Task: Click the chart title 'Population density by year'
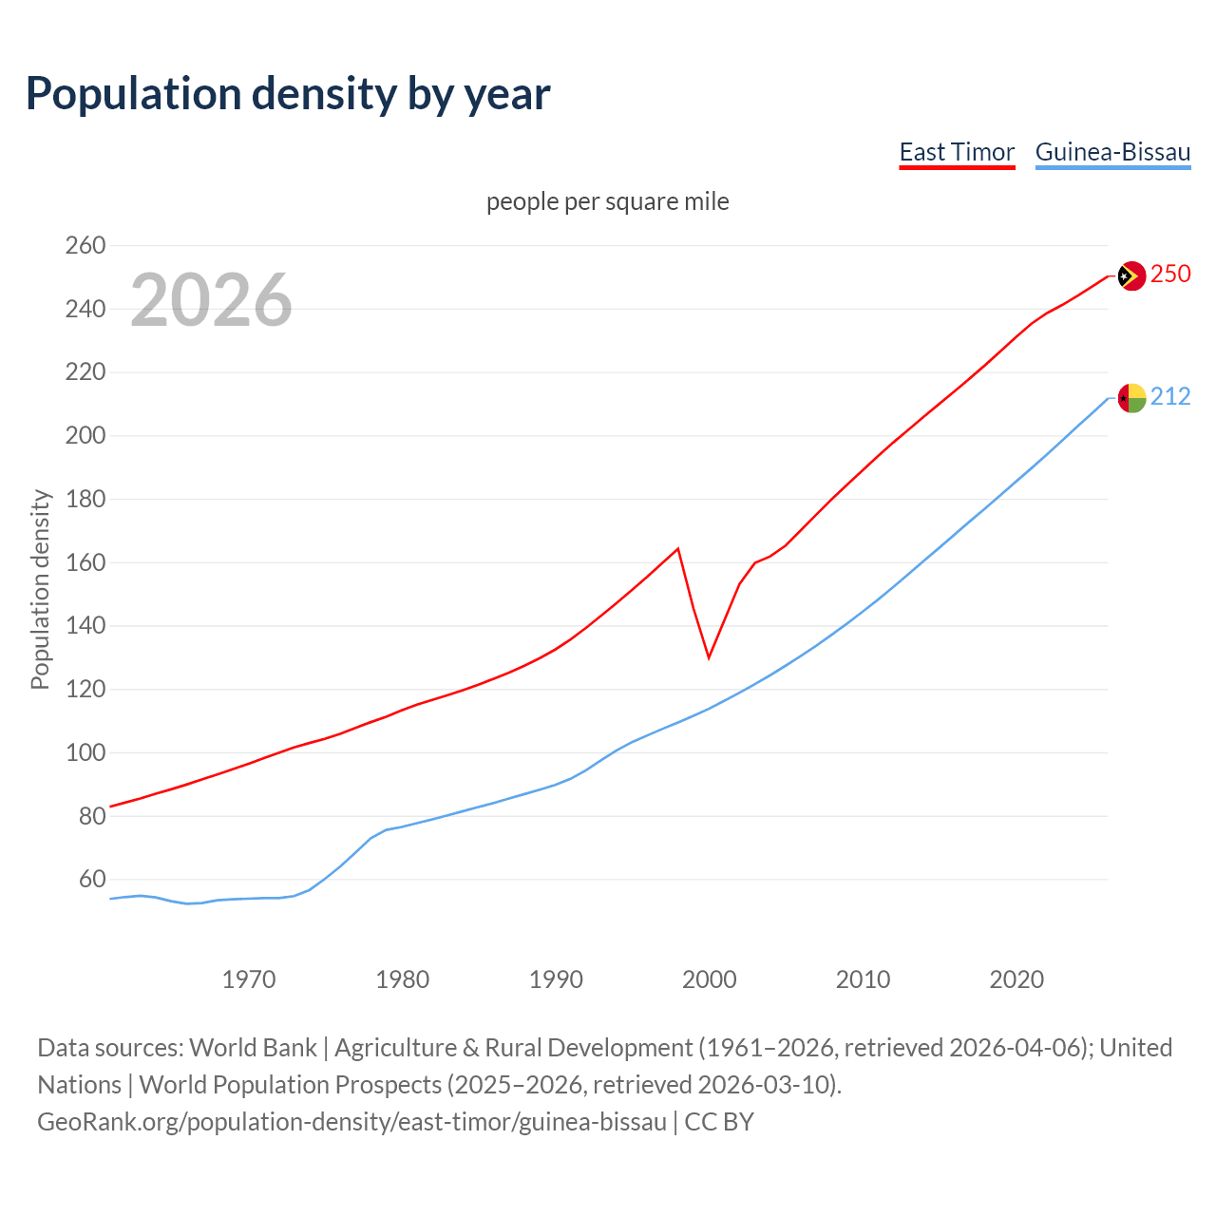(288, 94)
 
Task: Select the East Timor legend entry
(957, 152)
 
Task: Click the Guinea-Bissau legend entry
(1112, 152)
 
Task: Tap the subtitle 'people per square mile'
(608, 202)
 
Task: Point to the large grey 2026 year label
(211, 300)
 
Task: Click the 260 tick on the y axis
(85, 246)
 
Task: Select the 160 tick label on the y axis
(85, 562)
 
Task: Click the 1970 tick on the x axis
(249, 979)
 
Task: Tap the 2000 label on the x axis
(710, 979)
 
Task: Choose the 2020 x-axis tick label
(1016, 979)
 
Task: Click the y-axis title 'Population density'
(40, 589)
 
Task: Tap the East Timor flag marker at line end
(1130, 276)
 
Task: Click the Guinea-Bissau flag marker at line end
(1130, 398)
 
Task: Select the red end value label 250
(1170, 275)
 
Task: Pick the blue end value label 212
(1170, 397)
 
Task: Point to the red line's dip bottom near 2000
(709, 656)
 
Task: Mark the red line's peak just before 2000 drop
(677, 549)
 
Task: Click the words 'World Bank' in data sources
(253, 1048)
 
